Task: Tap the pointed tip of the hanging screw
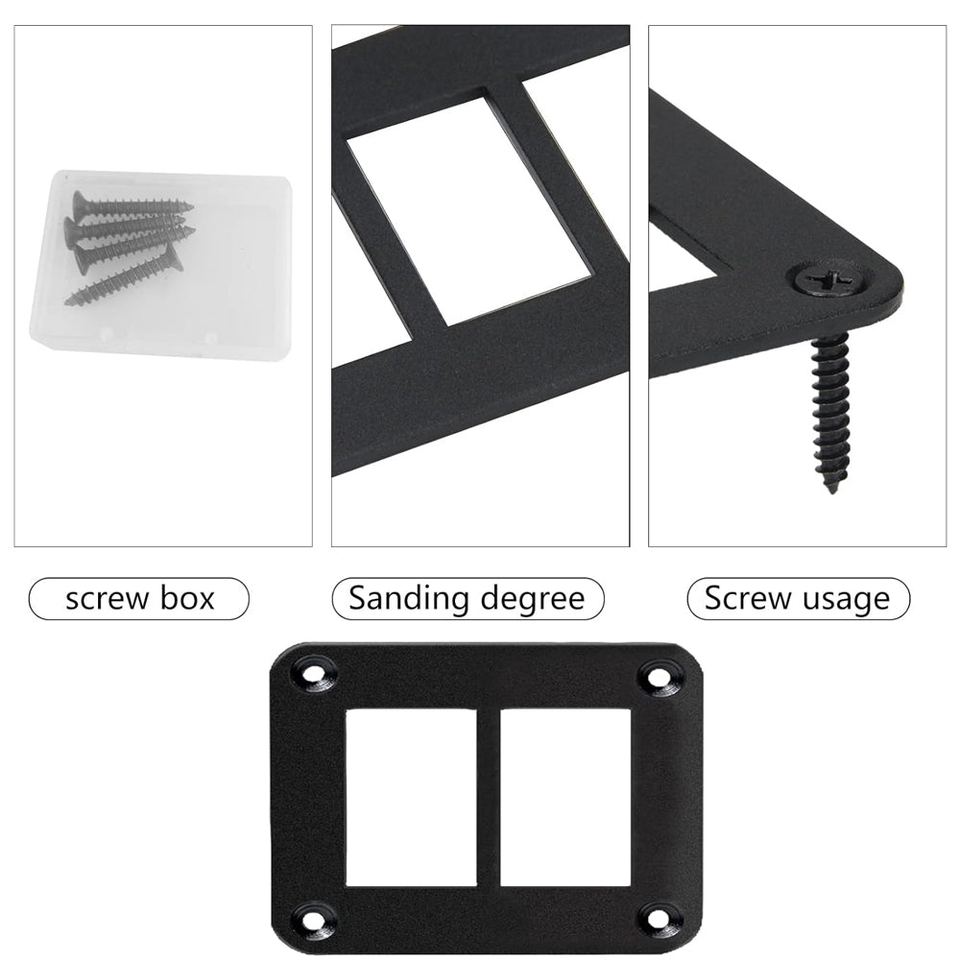(x=831, y=491)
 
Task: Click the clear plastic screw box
(x=161, y=268)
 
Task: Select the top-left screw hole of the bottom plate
(x=315, y=675)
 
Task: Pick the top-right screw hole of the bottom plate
(x=659, y=677)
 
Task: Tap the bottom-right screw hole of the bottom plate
(x=659, y=918)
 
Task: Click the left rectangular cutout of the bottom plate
(x=412, y=798)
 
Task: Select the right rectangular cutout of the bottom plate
(x=564, y=798)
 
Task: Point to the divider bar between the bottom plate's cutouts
(x=489, y=798)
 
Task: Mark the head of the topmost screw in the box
(x=81, y=204)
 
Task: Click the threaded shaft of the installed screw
(x=830, y=410)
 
